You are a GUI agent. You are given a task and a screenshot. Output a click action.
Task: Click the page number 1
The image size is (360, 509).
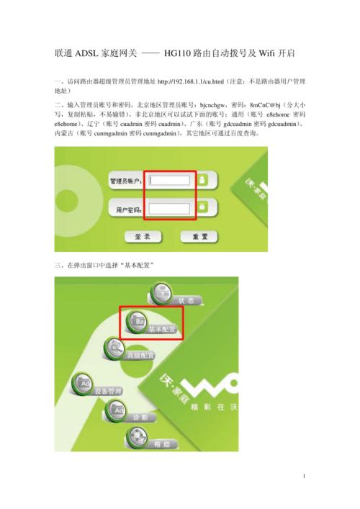coord(305,477)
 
